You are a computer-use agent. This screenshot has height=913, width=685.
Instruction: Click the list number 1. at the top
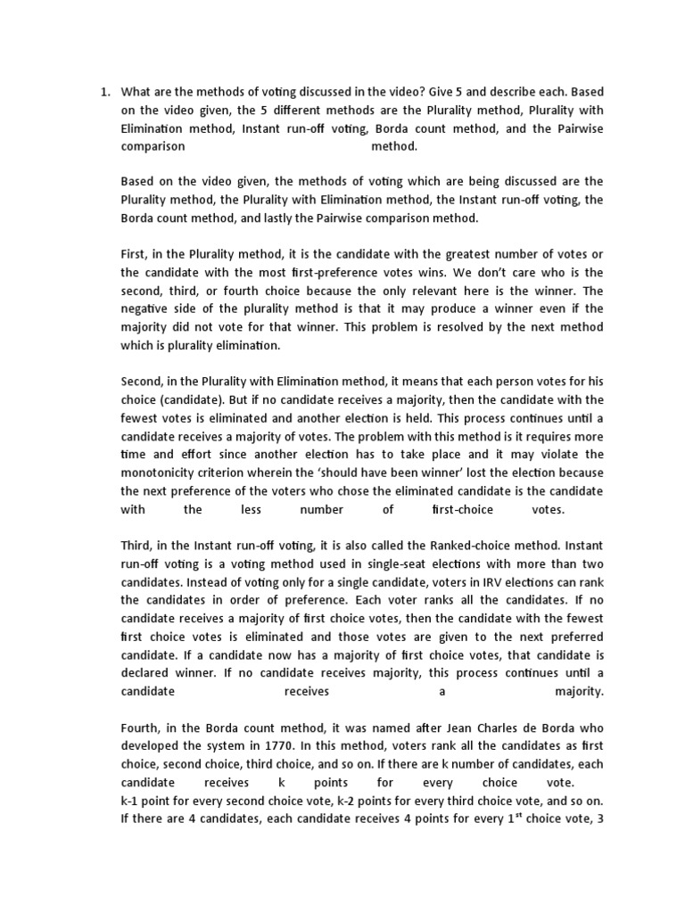click(103, 92)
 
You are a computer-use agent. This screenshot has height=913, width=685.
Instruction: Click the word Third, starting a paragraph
click(138, 545)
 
